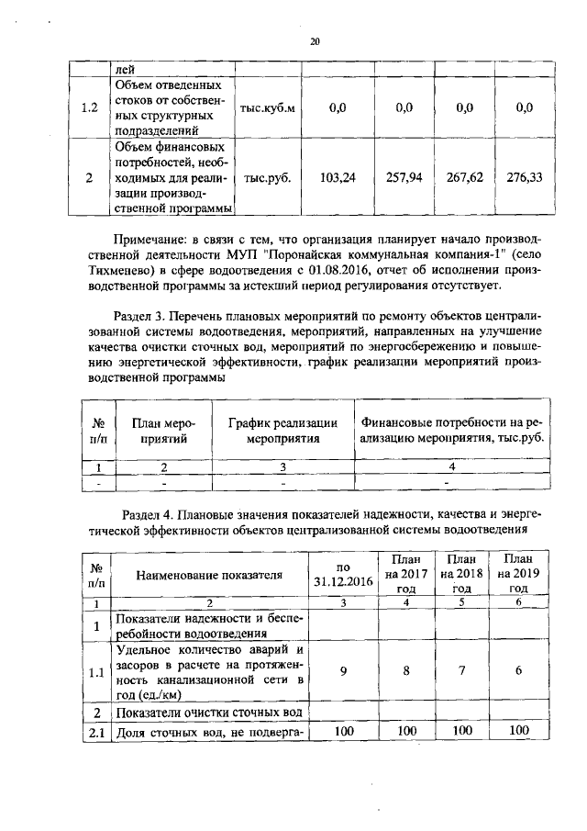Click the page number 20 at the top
314,41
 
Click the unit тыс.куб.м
267,107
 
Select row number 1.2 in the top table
89,107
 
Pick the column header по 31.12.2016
343,575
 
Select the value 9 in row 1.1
343,671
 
